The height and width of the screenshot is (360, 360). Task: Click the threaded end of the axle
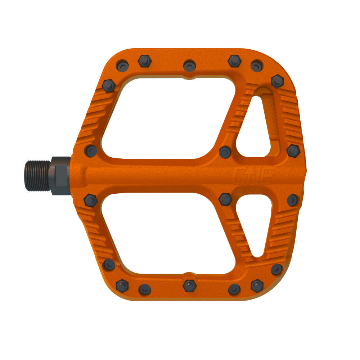point(38,176)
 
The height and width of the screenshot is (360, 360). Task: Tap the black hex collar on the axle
point(60,176)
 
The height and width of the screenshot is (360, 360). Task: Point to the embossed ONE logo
point(254,175)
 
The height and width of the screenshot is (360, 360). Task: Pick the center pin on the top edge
point(189,66)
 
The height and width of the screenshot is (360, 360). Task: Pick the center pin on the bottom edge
point(189,286)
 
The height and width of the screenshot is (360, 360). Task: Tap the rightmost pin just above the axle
point(293,150)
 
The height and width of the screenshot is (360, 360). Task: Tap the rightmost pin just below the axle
point(293,200)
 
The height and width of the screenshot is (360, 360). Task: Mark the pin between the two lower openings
point(225,199)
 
